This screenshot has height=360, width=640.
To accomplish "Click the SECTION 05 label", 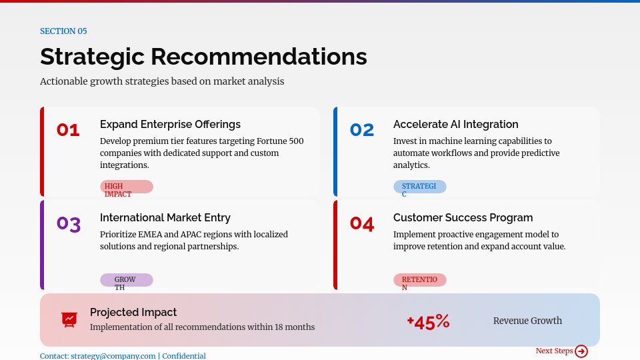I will coord(63,31).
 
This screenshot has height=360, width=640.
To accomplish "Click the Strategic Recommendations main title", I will coord(203,57).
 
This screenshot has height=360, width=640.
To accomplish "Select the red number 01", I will coord(68,130).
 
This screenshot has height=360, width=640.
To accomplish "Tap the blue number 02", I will coord(362,130).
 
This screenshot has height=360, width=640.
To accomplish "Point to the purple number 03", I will coord(69,224).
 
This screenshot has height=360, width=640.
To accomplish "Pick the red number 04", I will coord(362,223).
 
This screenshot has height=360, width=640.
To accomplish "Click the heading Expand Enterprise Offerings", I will coord(170,125).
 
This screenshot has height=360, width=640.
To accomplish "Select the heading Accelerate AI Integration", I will coord(455,125).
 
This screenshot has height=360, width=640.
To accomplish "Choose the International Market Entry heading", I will coord(165,218).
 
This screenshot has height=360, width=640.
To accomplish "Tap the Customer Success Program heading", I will coord(463,218).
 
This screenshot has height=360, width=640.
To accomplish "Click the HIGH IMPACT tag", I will coord(127,187).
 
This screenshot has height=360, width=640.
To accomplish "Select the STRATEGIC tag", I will coord(419,187).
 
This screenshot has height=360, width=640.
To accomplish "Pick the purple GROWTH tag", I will coord(126,281).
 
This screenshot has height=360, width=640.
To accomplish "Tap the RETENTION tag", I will coord(419,281).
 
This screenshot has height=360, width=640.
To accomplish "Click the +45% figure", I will coord(429,323).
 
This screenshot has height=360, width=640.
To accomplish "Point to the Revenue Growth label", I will coord(527,321).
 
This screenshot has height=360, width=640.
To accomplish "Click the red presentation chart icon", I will coord(69,319).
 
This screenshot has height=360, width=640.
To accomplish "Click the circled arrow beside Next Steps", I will coord(581,351).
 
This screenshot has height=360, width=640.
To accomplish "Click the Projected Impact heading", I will coord(133,313).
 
